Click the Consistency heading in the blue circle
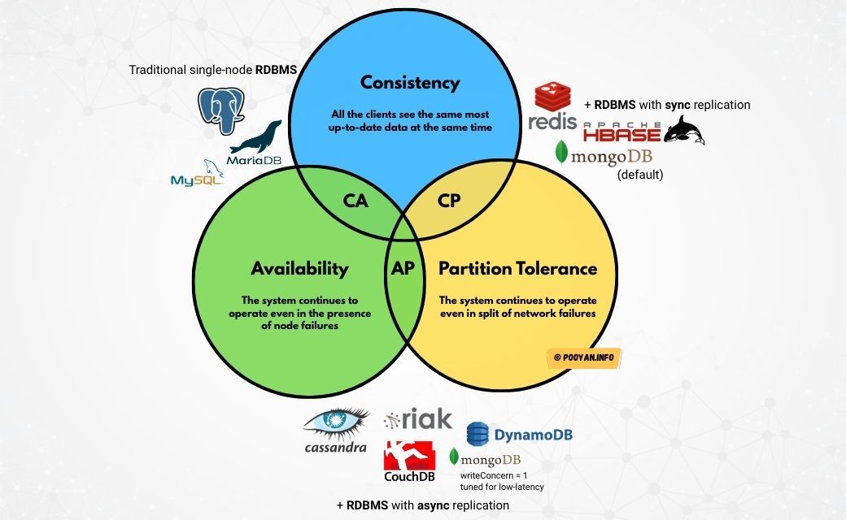click(x=410, y=83)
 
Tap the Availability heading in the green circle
click(x=299, y=269)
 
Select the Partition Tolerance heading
click(x=518, y=269)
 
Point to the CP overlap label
click(x=449, y=201)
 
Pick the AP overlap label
click(x=404, y=269)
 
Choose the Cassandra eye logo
click(x=335, y=422)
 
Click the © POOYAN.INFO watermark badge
click(x=583, y=357)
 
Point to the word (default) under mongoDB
click(x=640, y=174)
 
